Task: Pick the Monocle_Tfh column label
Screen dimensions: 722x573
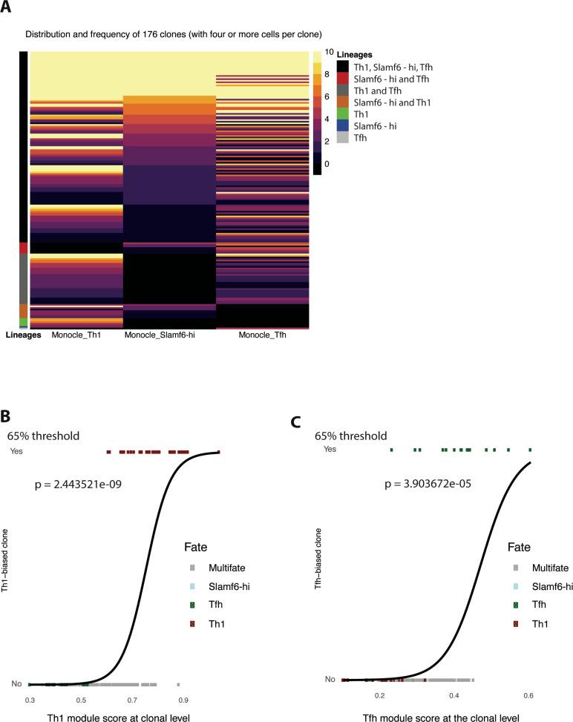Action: pos(263,335)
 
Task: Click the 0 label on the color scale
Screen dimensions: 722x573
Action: pos(327,163)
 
